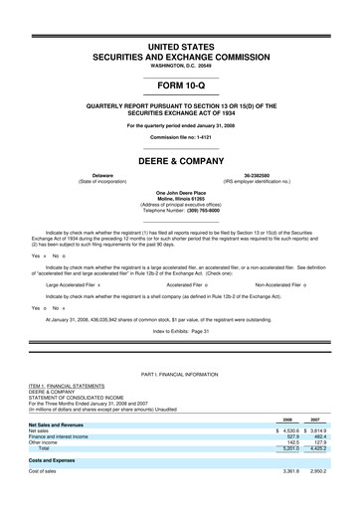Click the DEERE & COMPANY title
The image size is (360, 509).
pos(180,158)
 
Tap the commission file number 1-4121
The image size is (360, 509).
pos(204,135)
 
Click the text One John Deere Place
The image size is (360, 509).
pos(180,192)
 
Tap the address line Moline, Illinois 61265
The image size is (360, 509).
pos(180,199)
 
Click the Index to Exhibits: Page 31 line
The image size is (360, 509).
pos(180,329)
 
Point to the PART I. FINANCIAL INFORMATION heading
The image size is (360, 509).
pos(180,402)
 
